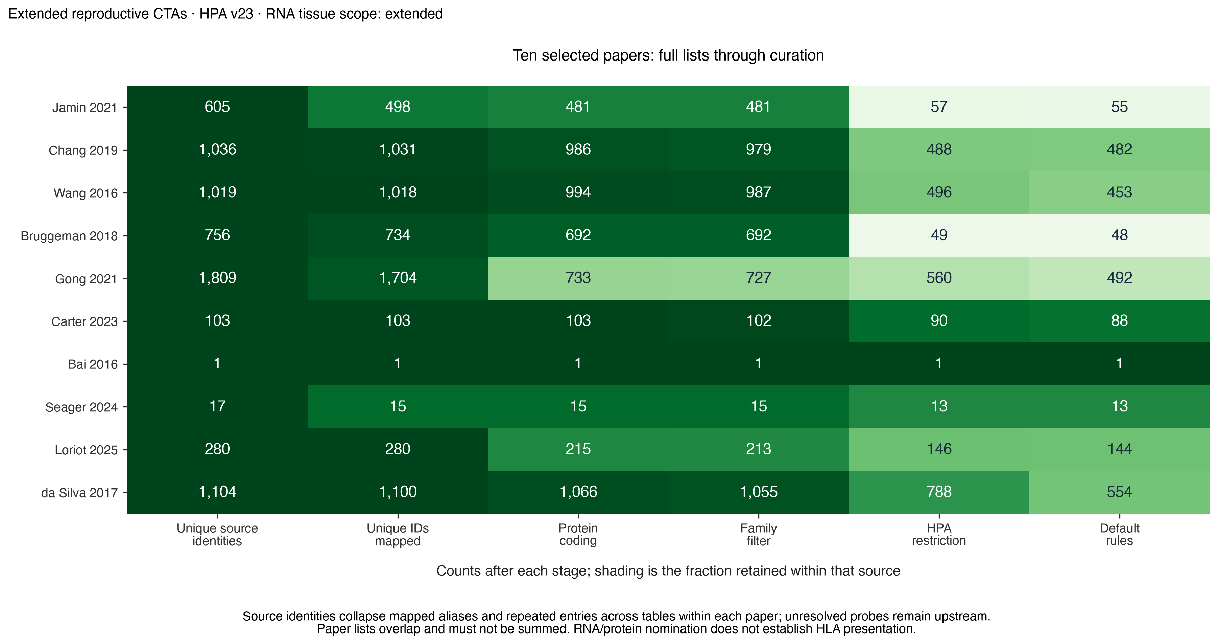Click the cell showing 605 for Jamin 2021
tap(217, 107)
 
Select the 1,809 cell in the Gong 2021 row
tap(217, 278)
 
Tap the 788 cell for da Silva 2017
tap(939, 492)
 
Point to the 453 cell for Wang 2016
tap(1120, 192)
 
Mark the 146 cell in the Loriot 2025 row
tap(939, 449)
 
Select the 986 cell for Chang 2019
tap(578, 150)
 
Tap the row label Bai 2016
tap(93, 364)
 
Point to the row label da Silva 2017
tap(79, 493)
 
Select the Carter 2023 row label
tap(84, 321)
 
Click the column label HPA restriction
tap(939, 534)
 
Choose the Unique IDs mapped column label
tap(398, 534)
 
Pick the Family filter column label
tap(758, 534)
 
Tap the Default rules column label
tap(1120, 534)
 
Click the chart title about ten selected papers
tap(668, 55)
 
